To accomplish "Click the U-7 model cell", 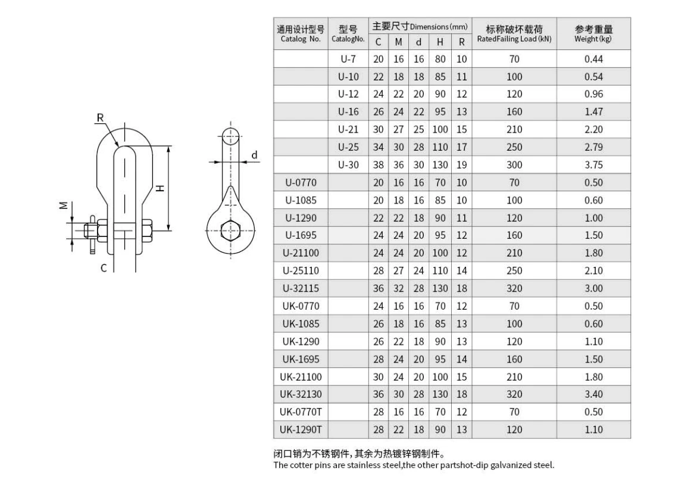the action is coord(348,59).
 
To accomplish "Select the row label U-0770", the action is coord(301,183).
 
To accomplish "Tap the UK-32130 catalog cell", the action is coord(301,394).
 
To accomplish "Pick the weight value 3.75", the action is coord(593,165).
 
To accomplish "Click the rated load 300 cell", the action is coord(514,165).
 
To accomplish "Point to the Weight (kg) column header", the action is coord(593,39).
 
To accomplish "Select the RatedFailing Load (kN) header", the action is coord(514,39).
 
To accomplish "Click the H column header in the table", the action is coord(440,42).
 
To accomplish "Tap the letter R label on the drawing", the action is coord(101,118).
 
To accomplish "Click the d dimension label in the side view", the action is coord(254,155).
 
